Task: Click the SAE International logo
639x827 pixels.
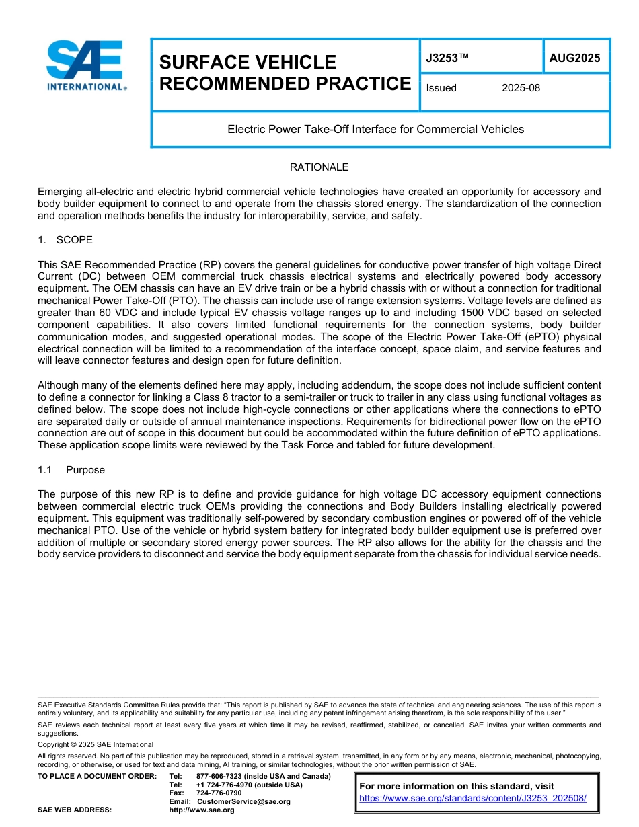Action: (86, 65)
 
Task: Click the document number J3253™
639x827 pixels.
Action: (447, 58)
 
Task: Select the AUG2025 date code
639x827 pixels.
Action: (574, 58)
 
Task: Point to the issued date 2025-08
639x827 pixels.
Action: (521, 88)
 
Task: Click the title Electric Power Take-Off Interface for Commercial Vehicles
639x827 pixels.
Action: (375, 129)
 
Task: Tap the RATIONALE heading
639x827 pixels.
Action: (319, 167)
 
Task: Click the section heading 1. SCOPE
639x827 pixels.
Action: (65, 240)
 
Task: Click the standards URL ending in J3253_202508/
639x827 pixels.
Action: (473, 798)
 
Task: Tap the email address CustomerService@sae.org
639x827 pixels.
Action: (243, 801)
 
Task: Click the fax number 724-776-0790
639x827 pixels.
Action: (219, 793)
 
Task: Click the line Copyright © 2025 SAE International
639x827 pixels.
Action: (96, 744)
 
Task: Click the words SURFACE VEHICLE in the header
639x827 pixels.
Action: (248, 63)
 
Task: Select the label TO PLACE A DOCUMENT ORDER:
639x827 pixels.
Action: (97, 776)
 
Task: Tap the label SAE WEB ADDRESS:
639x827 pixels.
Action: (75, 810)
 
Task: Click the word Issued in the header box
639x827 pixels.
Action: (441, 88)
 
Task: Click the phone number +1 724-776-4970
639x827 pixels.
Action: (226, 785)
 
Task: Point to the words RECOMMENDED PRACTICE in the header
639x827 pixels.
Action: (285, 84)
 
